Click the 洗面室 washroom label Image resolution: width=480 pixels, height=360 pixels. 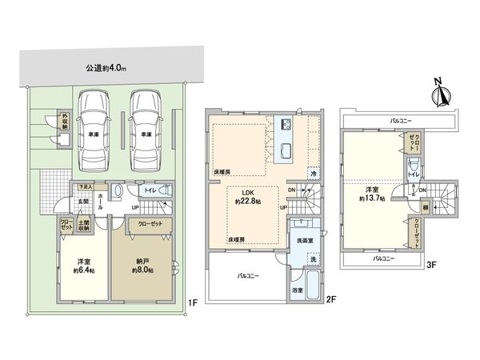point(304,240)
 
